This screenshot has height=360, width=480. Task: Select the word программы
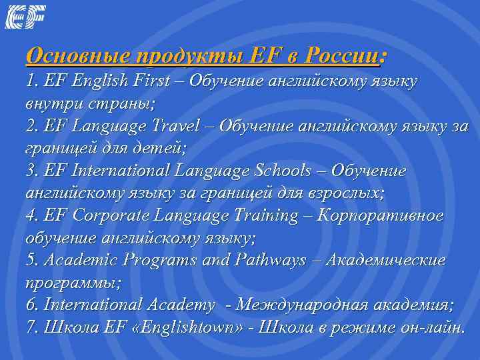click(x=71, y=283)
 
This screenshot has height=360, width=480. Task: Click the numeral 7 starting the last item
click(x=30, y=328)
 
